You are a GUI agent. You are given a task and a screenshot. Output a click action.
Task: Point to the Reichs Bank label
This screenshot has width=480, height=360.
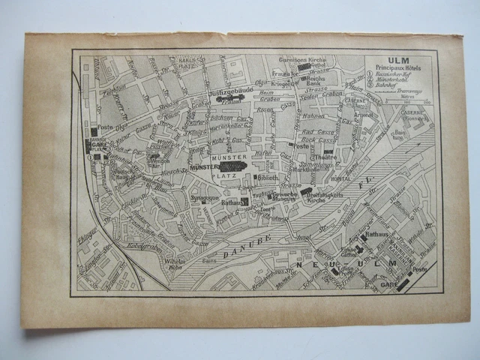317,80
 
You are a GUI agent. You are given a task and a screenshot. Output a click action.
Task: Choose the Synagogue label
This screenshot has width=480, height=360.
203,198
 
